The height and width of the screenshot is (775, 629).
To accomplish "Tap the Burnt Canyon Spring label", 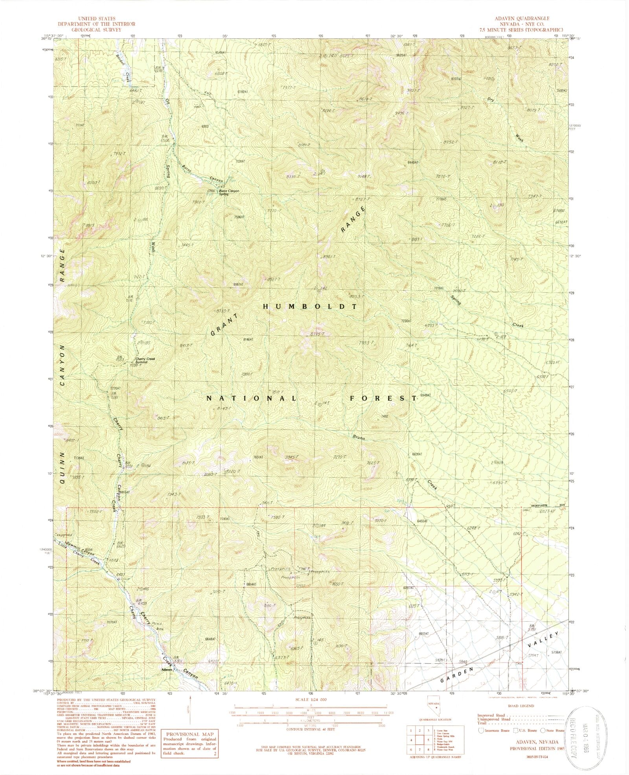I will [229, 192].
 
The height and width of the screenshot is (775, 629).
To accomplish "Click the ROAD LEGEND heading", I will [521, 706].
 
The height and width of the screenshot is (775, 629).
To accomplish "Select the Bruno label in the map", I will [359, 437].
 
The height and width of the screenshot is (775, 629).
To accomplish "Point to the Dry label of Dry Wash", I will [490, 99].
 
